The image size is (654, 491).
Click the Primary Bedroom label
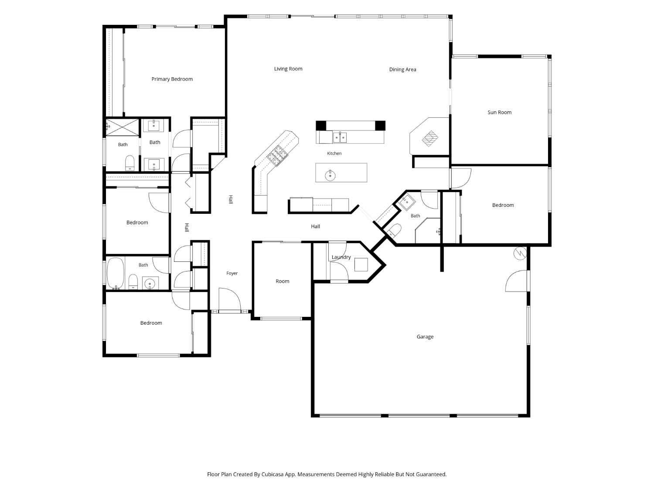[172, 79]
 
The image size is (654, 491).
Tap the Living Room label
[288, 69]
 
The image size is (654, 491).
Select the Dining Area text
[402, 69]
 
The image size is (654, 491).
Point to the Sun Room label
[499, 113]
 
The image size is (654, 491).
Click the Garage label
[425, 337]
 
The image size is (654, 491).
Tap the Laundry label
[341, 257]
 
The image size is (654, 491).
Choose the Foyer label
[232, 273]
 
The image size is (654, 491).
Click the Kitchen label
[334, 153]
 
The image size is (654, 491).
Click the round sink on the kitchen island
[330, 175]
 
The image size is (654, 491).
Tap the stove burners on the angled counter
[278, 155]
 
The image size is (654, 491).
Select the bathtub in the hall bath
[115, 273]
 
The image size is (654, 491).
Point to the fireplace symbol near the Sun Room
[429, 138]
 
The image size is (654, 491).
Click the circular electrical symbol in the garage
[520, 254]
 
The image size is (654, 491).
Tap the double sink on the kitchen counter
[340, 137]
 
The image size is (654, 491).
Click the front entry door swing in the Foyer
[229, 299]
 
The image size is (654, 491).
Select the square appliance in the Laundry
[361, 264]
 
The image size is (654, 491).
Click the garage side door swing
[516, 281]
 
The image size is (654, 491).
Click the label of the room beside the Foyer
[283, 281]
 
